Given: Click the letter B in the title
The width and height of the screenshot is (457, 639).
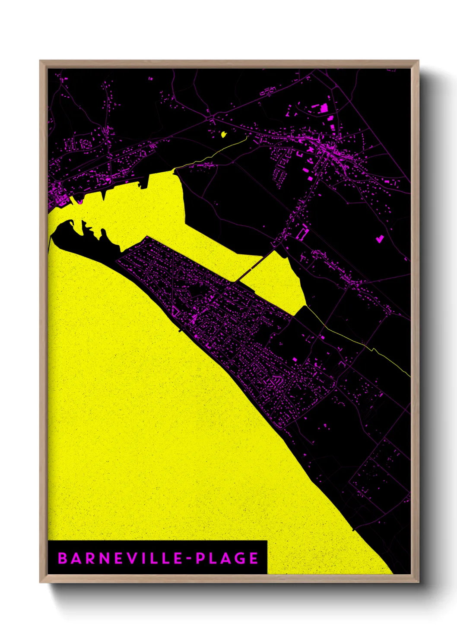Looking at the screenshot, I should point(63,558).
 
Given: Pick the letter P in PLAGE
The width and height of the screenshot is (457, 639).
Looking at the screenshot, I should point(200,558).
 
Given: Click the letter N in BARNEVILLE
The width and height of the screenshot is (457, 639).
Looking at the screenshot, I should point(105,558).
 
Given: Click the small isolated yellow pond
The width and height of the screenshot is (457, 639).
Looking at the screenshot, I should point(224,134).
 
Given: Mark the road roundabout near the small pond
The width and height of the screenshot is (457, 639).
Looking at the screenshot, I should point(210,117).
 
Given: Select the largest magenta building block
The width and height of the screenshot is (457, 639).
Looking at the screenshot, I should point(324,108).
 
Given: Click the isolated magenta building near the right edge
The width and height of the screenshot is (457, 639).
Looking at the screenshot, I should point(380,238).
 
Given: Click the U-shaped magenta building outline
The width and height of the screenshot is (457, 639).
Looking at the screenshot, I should point(302,234).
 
